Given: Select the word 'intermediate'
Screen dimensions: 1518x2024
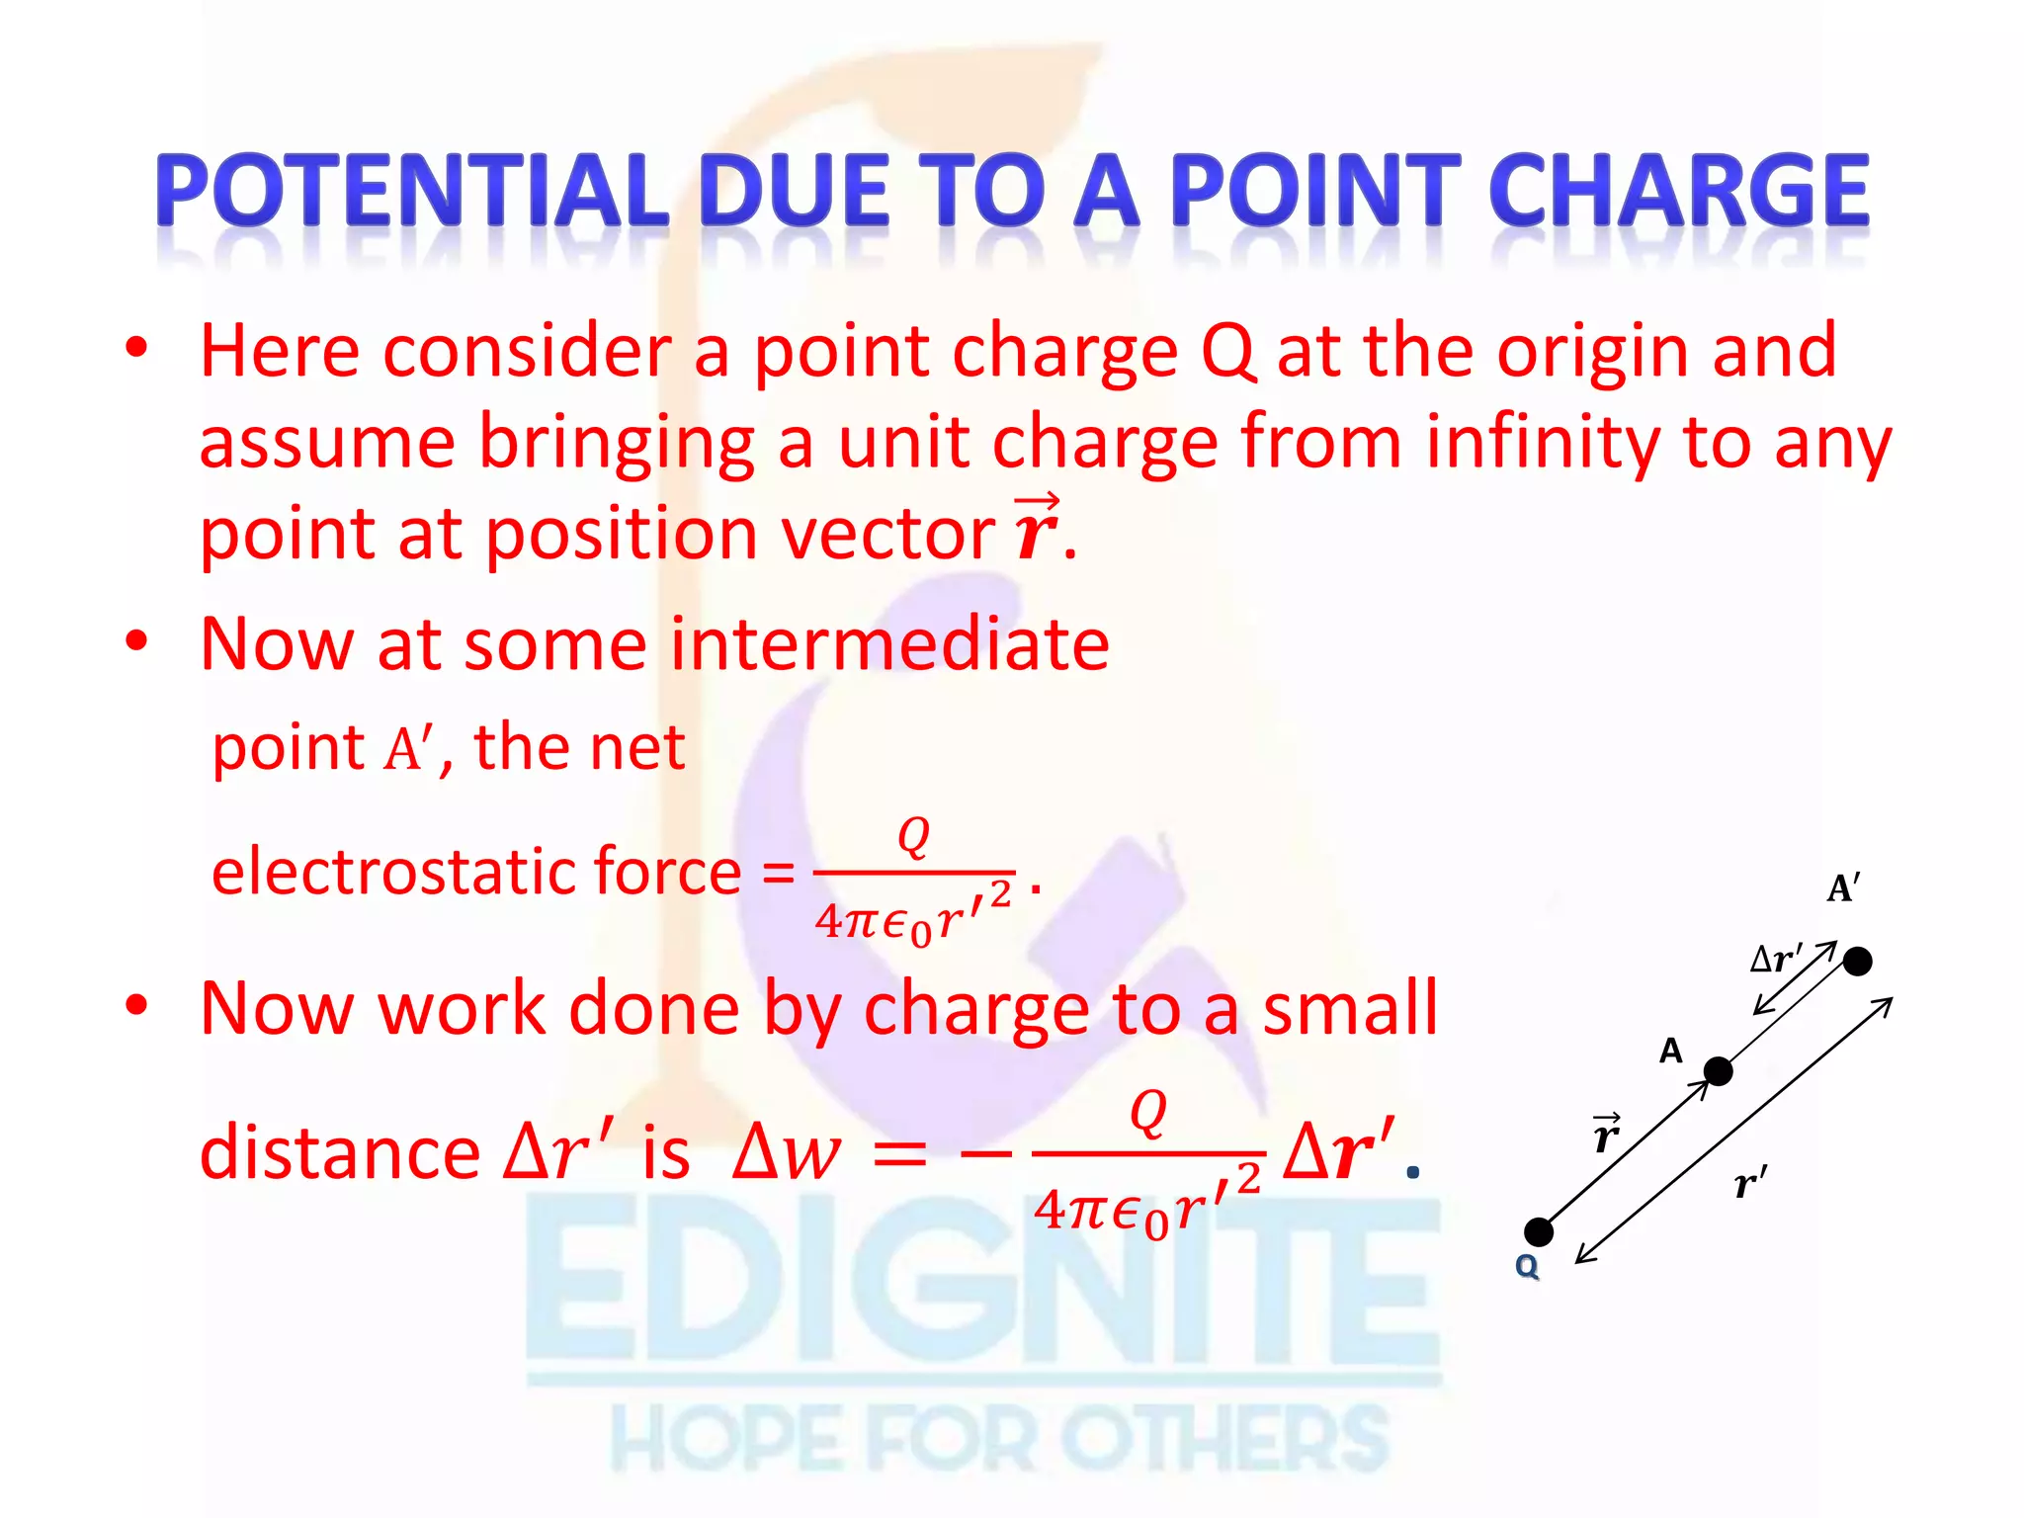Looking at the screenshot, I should click(889, 644).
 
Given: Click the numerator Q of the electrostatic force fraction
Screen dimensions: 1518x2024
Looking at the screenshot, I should click(913, 836).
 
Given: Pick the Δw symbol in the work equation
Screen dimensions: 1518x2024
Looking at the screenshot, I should click(786, 1153).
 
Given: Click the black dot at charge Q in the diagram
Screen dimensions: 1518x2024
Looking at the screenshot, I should click(1539, 1232).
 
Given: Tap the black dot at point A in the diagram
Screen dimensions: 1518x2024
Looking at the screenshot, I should click(1719, 1071).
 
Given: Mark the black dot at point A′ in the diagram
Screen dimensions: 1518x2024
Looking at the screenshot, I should click(1858, 961).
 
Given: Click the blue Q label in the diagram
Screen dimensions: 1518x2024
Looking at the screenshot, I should click(1527, 1266).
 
